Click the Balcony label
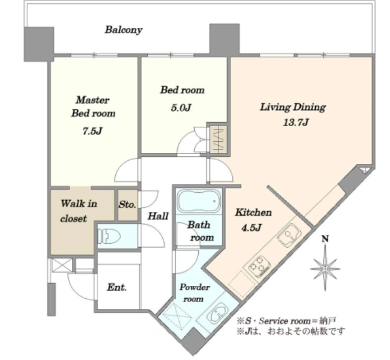[123, 30]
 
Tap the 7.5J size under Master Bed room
[93, 131]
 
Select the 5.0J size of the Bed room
[181, 108]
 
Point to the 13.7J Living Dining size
[296, 122]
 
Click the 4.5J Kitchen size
[252, 227]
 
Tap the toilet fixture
[109, 236]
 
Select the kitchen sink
[289, 235]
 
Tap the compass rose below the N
[325, 269]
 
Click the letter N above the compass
[325, 239]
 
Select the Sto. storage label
[127, 204]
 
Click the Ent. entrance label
[116, 288]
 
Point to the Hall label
[158, 216]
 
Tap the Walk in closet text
[79, 211]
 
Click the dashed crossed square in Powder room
[178, 316]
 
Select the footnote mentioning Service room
[286, 321]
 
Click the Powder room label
[195, 293]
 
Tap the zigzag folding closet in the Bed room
[218, 139]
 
